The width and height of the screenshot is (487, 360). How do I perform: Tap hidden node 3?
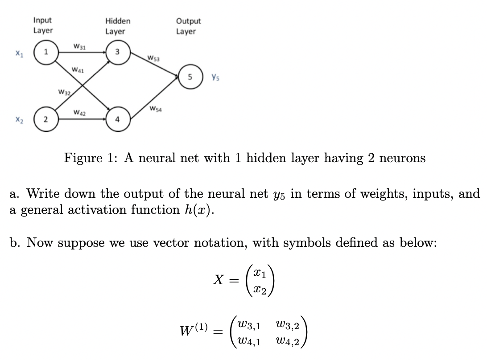pyautogui.click(x=117, y=52)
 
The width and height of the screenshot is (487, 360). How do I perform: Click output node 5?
pyautogui.click(x=190, y=76)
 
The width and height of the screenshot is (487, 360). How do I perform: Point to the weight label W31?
pyautogui.click(x=80, y=46)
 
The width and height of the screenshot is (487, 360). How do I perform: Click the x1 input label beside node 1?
pyautogui.click(x=18, y=53)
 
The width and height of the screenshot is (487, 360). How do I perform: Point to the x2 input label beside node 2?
pyautogui.click(x=18, y=120)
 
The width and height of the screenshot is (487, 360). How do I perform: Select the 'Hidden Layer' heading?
pyautogui.click(x=118, y=26)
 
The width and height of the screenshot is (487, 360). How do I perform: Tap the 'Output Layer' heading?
pyautogui.click(x=188, y=26)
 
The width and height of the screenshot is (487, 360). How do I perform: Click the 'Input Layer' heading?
pyautogui.click(x=43, y=25)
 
